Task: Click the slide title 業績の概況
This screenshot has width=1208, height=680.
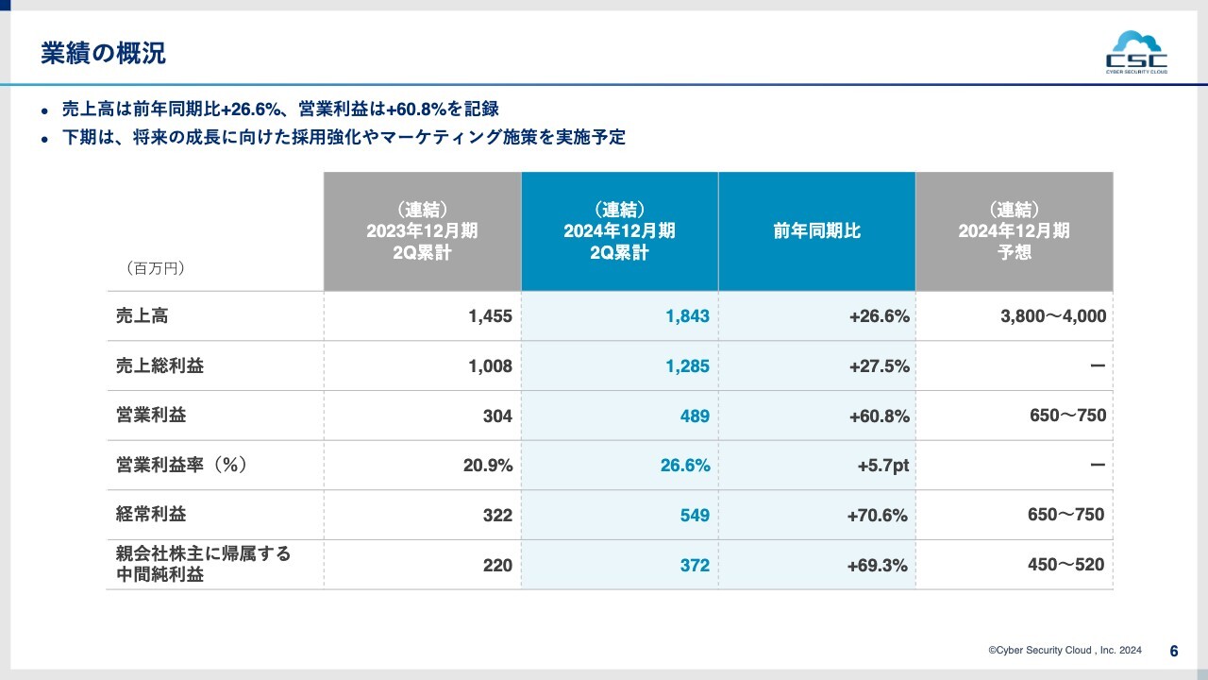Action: click(103, 54)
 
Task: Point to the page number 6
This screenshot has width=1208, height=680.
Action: click(1174, 651)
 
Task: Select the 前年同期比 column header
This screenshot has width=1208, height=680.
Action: click(816, 231)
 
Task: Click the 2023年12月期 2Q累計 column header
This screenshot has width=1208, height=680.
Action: click(422, 231)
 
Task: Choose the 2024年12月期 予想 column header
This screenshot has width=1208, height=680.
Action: click(1014, 231)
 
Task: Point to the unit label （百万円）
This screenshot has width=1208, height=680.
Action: click(155, 269)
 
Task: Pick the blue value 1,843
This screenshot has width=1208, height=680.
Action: click(687, 317)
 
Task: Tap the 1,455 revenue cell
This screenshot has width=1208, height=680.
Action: click(490, 317)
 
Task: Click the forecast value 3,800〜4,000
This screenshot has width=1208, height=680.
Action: click(1052, 317)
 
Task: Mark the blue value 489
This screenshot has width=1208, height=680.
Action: click(694, 416)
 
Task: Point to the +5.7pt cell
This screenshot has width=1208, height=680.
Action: click(882, 466)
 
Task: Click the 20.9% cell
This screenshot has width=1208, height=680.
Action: click(487, 466)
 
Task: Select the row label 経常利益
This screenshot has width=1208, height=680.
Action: click(151, 515)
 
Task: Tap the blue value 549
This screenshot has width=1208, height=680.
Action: click(694, 516)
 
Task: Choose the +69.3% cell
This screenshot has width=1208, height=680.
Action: click(879, 566)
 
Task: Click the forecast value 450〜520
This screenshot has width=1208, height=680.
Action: click(1065, 565)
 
